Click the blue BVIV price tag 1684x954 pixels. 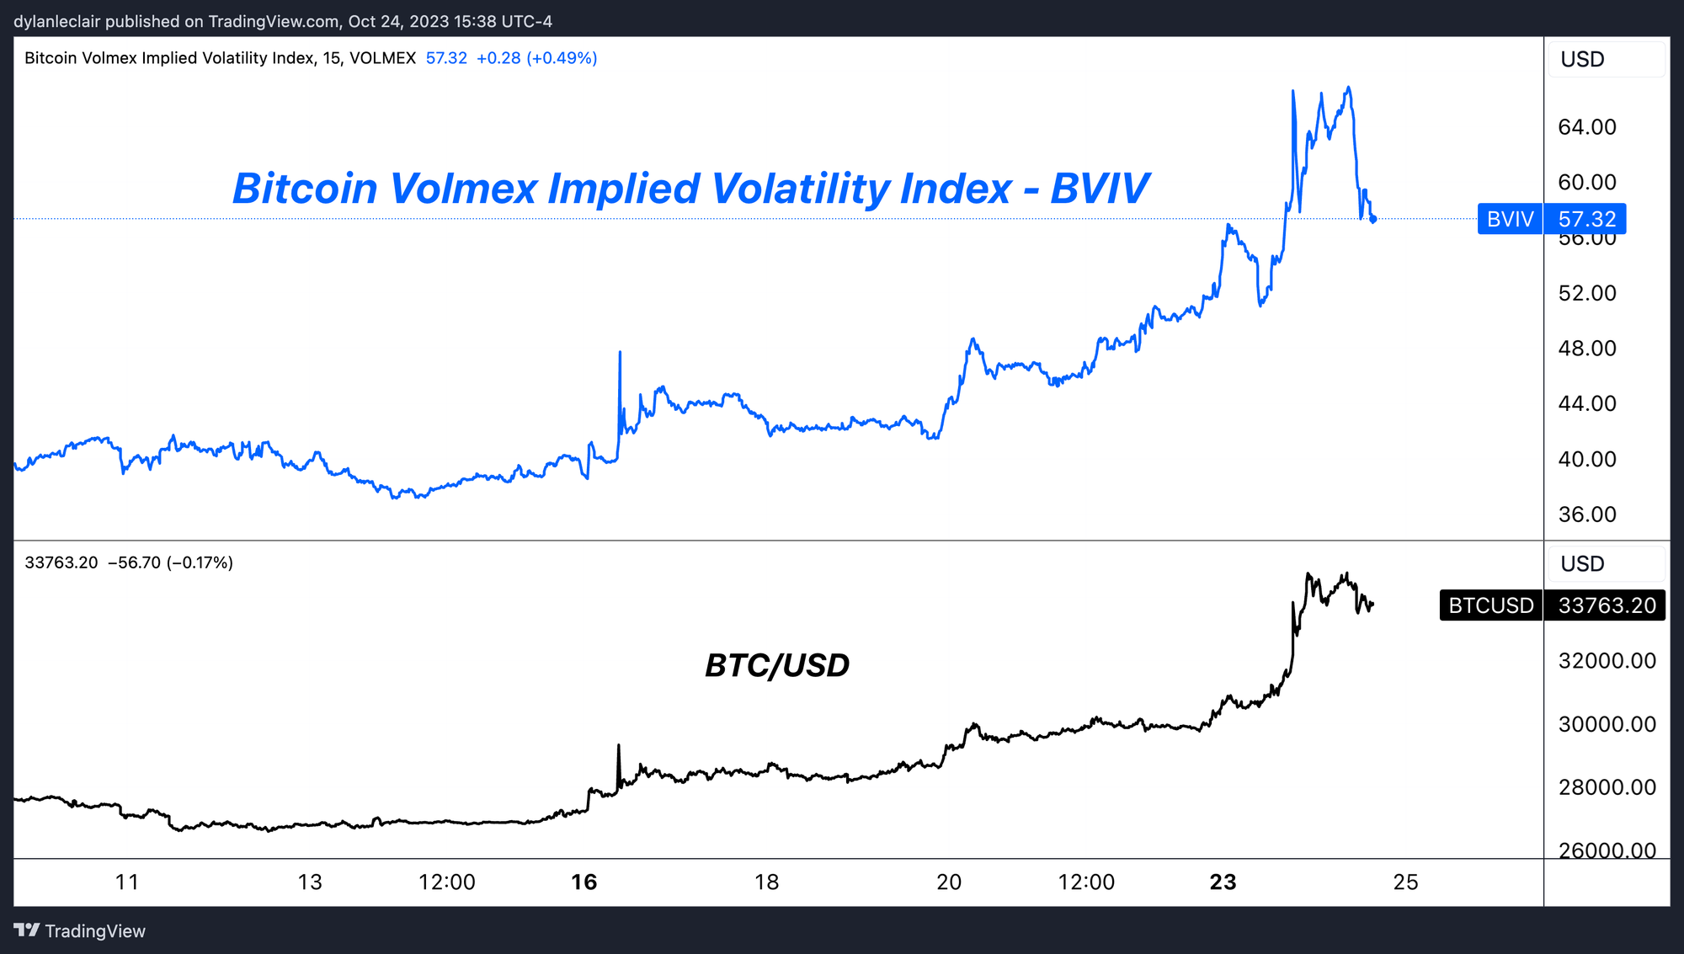coord(1552,219)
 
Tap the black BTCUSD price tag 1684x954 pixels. coord(1552,605)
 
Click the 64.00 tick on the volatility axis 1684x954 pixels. coord(1587,127)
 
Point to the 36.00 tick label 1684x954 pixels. coord(1587,514)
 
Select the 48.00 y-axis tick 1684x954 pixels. coord(1587,349)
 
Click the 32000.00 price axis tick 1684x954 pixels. coord(1607,661)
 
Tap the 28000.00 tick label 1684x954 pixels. coord(1607,787)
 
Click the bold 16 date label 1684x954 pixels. coord(584,882)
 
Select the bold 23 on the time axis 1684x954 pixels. coord(1223,882)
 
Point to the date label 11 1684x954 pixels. coord(126,882)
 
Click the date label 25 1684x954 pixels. coord(1405,882)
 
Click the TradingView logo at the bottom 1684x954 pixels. coord(80,930)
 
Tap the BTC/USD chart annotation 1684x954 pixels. coord(776,666)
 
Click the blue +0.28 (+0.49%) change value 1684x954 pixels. coord(536,58)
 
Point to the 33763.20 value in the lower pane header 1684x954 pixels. coord(61,562)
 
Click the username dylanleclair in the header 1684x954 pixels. coord(57,21)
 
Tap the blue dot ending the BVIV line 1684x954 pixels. coord(1373,220)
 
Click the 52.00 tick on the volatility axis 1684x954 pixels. coord(1587,293)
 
